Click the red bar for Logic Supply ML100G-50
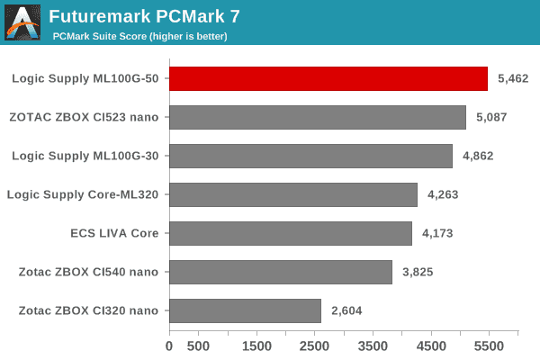(x=328, y=78)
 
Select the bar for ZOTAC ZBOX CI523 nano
(x=318, y=117)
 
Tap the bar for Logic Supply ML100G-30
(x=310, y=156)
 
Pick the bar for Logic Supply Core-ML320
(x=293, y=194)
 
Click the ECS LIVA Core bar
(x=291, y=233)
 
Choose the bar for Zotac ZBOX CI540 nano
(x=281, y=272)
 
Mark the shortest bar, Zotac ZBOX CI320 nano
(x=245, y=310)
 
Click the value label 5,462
(x=512, y=78)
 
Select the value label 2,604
(x=346, y=310)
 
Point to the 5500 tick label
(x=489, y=346)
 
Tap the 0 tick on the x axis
(x=169, y=346)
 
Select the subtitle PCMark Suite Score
(x=139, y=36)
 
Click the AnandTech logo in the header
(x=22, y=22)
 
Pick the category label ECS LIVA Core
(x=114, y=233)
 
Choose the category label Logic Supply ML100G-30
(x=85, y=156)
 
